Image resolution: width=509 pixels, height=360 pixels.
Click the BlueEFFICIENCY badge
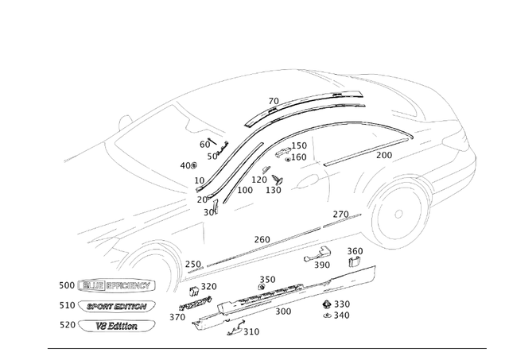tap(117, 285)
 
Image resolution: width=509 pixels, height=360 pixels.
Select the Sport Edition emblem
tap(116, 306)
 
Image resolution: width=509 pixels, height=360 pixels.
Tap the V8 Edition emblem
tap(116, 326)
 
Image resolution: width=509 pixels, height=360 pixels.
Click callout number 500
tap(67, 285)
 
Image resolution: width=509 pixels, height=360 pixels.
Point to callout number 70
tap(274, 102)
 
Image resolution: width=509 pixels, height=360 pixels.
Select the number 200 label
tap(384, 156)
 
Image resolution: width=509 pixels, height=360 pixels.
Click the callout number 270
tap(340, 215)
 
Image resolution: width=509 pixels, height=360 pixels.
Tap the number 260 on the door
tap(262, 240)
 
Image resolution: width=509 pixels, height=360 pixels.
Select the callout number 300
tap(282, 312)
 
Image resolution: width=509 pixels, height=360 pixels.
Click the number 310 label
tap(251, 332)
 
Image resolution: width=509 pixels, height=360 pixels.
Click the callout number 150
tap(298, 146)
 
